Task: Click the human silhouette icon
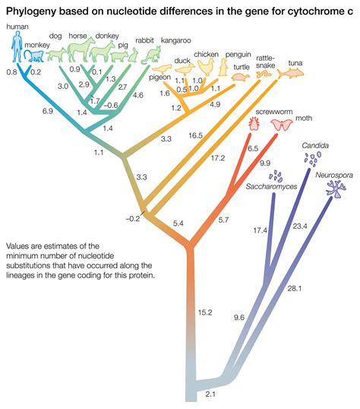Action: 17,48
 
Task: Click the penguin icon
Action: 225,68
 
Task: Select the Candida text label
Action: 314,143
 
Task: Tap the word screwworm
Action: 268,111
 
